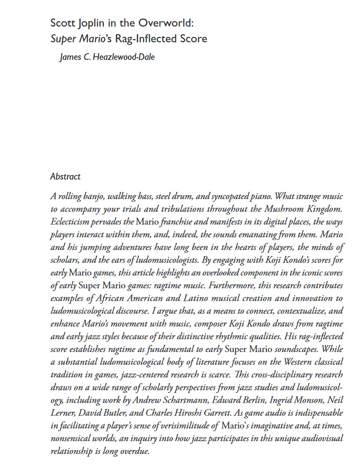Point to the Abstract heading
coord(65,176)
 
